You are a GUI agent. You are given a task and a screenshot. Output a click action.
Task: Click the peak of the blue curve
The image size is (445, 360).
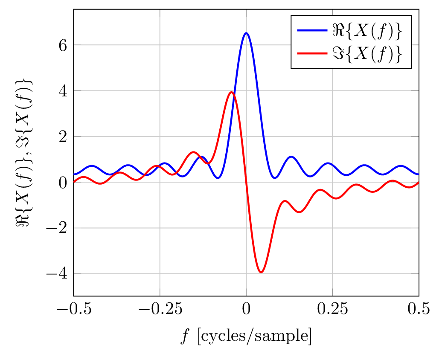(246, 33)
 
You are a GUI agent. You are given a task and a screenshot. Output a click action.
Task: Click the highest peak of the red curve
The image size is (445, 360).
(231, 92)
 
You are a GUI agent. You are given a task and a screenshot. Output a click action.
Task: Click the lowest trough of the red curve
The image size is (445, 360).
(261, 272)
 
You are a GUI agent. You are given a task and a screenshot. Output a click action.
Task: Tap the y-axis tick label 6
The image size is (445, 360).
(62, 45)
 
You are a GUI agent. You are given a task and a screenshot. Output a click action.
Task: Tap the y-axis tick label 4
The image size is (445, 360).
(62, 91)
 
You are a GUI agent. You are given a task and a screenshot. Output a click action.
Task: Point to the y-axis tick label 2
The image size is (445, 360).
(62, 136)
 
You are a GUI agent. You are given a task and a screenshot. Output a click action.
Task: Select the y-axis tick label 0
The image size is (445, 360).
(62, 182)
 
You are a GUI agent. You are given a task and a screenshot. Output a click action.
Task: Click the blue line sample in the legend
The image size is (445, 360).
(312, 30)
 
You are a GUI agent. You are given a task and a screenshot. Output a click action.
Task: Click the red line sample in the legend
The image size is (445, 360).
(312, 53)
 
